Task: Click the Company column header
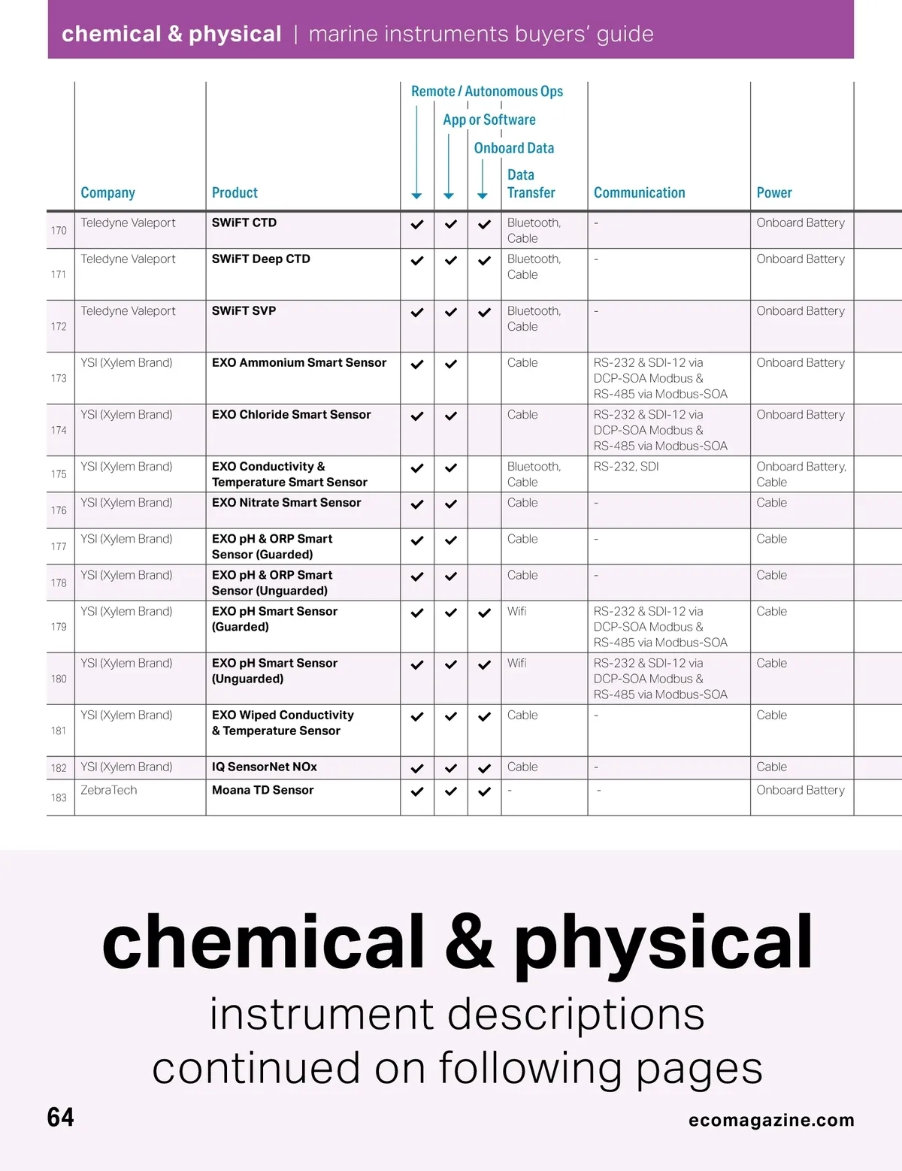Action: click(107, 193)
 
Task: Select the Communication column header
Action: click(639, 193)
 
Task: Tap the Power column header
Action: click(773, 193)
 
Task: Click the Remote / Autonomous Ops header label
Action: click(486, 92)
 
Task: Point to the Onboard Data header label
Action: click(513, 149)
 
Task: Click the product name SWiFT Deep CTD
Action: click(261, 259)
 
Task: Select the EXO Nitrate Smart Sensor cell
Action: click(286, 503)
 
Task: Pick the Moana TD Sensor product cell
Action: click(262, 790)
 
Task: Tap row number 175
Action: click(59, 474)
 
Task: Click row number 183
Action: click(59, 797)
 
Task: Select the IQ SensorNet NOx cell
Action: click(264, 767)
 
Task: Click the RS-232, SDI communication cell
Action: click(626, 467)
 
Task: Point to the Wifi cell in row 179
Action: click(516, 612)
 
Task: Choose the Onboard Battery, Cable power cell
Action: click(801, 474)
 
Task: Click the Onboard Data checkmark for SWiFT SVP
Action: click(484, 313)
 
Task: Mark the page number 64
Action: click(60, 1118)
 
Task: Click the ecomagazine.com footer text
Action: click(771, 1120)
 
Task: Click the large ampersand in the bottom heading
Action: click(469, 943)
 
